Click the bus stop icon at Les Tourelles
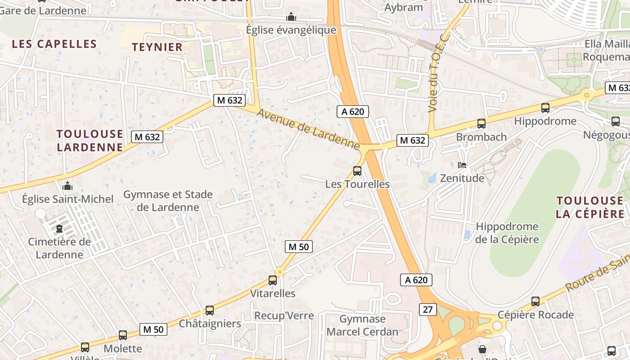(357, 171)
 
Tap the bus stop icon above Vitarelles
(273, 280)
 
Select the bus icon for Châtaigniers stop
(210, 310)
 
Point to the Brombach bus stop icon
(481, 124)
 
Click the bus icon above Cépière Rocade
(535, 301)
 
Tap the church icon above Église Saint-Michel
(67, 186)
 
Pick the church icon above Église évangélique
(291, 17)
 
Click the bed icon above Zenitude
(462, 165)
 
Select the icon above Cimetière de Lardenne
(59, 229)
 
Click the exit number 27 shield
(427, 310)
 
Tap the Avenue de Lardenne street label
(308, 129)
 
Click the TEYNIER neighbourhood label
(157, 47)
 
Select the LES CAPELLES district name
(54, 44)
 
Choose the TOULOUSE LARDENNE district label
(90, 140)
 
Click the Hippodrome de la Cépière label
(507, 233)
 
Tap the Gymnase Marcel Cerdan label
(362, 325)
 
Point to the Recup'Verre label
(284, 315)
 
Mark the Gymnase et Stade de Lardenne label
(168, 201)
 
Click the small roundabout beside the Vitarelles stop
(280, 271)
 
